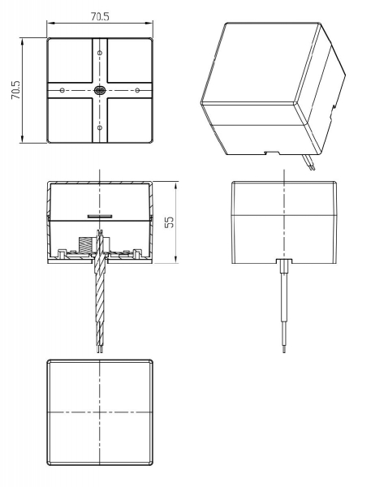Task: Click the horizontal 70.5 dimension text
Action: click(99, 14)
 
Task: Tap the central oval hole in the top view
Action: click(99, 89)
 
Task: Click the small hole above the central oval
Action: click(99, 53)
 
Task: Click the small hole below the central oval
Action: click(99, 127)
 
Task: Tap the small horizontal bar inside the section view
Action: click(99, 216)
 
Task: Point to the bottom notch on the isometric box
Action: click(273, 150)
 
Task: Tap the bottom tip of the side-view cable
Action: click(283, 351)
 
